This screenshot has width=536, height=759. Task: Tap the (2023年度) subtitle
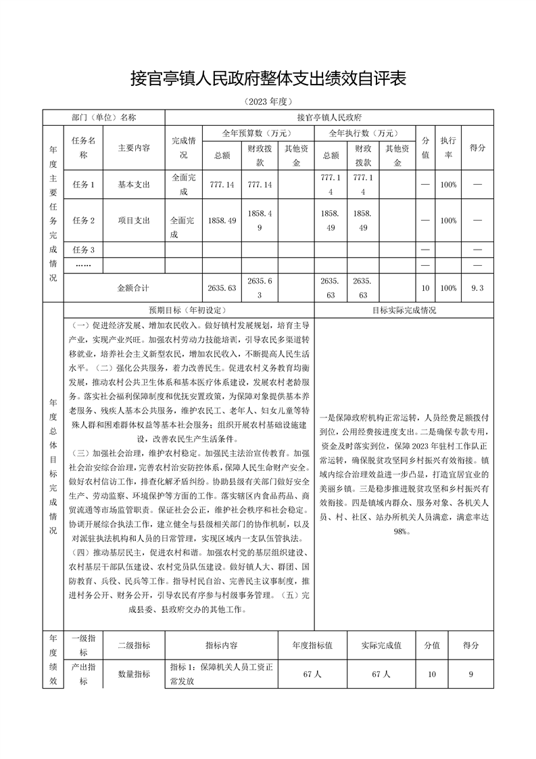pyautogui.click(x=268, y=102)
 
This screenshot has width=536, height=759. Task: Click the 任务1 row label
pyautogui.click(x=83, y=184)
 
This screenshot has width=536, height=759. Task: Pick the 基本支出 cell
pyautogui.click(x=134, y=184)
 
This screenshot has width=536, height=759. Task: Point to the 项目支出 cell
pyautogui.click(x=134, y=221)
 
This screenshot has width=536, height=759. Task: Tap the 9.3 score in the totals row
pyautogui.click(x=477, y=288)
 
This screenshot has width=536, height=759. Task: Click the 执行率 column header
pyautogui.click(x=447, y=147)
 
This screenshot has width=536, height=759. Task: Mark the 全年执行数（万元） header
pyautogui.click(x=363, y=133)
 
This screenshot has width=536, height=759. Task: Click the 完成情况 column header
pyautogui.click(x=183, y=147)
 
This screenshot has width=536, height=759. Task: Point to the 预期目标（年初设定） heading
pyautogui.click(x=189, y=310)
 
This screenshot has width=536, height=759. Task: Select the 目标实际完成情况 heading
pyautogui.click(x=404, y=310)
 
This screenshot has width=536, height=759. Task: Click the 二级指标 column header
pyautogui.click(x=134, y=645)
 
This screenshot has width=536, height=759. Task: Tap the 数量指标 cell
pyautogui.click(x=134, y=674)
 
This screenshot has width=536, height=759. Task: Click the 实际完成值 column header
pyautogui.click(x=381, y=645)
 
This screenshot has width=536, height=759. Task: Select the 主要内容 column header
pyautogui.click(x=134, y=147)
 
